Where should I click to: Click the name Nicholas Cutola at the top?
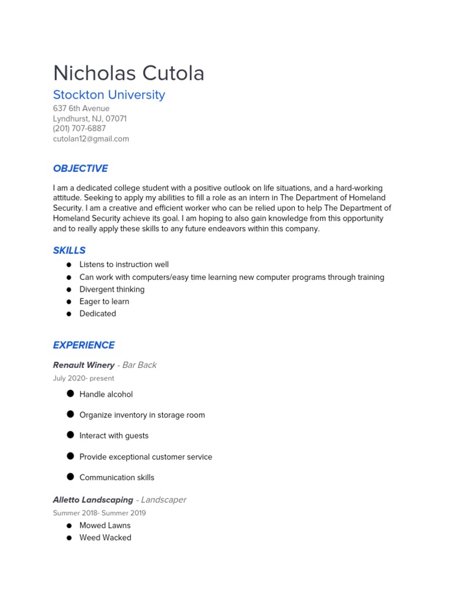tap(129, 73)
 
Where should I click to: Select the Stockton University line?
tap(109, 95)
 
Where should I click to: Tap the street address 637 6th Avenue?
tap(81, 109)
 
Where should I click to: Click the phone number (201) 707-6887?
tap(79, 129)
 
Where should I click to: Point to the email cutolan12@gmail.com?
tap(91, 139)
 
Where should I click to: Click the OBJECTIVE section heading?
tap(80, 168)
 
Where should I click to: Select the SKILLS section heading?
tap(69, 250)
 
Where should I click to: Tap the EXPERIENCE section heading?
tap(84, 345)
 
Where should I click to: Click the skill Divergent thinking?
tap(112, 289)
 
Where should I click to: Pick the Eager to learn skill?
tap(104, 302)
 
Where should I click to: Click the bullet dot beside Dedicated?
tap(69, 314)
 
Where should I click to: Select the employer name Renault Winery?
tap(83, 365)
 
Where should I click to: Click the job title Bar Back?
tap(139, 365)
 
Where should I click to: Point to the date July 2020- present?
tap(83, 379)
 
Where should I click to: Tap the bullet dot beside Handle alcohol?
tap(70, 394)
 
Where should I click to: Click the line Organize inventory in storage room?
tap(142, 415)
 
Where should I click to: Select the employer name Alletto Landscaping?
tap(93, 500)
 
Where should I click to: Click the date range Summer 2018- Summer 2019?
tap(99, 513)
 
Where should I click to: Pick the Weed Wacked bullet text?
tap(105, 538)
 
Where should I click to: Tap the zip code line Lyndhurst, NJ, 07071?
tap(90, 119)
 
